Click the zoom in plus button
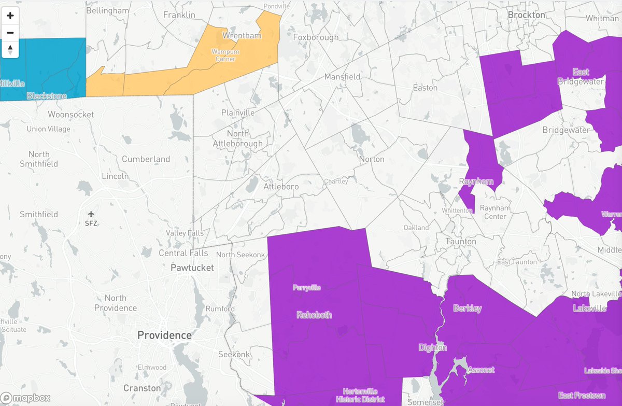pyautogui.click(x=10, y=16)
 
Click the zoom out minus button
pyautogui.click(x=10, y=33)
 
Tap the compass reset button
pyautogui.click(x=10, y=50)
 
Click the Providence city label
pyautogui.click(x=164, y=335)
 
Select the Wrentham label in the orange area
pyautogui.click(x=242, y=36)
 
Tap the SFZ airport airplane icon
pyautogui.click(x=91, y=214)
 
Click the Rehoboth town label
pyautogui.click(x=314, y=315)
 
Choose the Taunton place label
pyautogui.click(x=461, y=241)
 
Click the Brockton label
pyautogui.click(x=527, y=15)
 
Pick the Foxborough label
pyautogui.click(x=316, y=37)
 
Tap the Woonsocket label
pyautogui.click(x=70, y=114)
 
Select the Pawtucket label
pyautogui.click(x=192, y=268)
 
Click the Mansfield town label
pyautogui.click(x=342, y=77)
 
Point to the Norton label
pyautogui.click(x=372, y=159)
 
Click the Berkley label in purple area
pyautogui.click(x=467, y=308)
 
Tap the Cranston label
pyautogui.click(x=142, y=388)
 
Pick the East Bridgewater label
pyautogui.click(x=581, y=76)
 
